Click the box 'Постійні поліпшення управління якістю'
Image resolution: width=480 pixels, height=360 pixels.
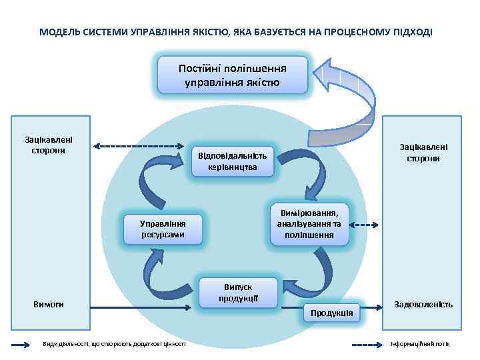[232, 75]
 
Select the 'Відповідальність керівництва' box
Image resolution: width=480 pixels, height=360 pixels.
[232, 161]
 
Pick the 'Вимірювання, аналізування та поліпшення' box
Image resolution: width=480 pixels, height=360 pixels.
[309, 224]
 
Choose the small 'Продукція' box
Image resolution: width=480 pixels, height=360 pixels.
[331, 313]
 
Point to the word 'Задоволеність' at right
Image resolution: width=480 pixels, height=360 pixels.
[423, 304]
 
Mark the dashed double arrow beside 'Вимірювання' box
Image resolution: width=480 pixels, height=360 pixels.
[365, 225]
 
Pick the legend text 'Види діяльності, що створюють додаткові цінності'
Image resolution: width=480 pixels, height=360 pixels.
[113, 344]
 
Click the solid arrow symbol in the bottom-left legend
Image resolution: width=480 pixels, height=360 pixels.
[20, 344]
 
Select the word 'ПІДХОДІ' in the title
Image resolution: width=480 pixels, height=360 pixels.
[413, 32]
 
